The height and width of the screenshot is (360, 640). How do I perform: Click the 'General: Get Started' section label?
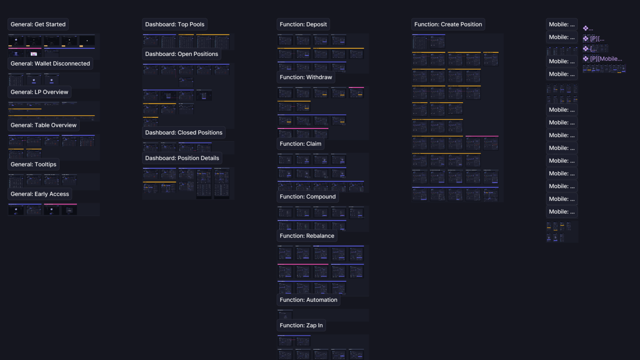pos(38,24)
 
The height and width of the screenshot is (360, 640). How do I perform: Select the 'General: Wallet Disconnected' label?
pos(50,63)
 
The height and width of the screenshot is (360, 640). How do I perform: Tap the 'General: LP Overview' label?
pos(39,92)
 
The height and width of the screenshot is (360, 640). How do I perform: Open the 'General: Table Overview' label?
pos(43,125)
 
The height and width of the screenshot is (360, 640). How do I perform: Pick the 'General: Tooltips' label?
pos(33,164)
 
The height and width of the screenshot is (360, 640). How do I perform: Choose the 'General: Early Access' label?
pos(40,194)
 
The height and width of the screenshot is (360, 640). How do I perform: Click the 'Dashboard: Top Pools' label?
pos(175,24)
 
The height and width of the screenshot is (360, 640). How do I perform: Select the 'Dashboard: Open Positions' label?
pos(181,54)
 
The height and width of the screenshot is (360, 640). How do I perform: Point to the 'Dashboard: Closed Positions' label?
pos(184,133)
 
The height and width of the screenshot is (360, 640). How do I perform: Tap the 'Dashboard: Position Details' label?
pos(182,158)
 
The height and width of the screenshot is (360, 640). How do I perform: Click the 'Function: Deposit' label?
pos(303,24)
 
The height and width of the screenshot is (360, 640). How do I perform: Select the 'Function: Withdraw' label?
pos(306,77)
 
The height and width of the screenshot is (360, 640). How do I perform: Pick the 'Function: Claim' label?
pos(300,144)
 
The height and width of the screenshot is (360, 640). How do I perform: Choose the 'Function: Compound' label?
pos(307,197)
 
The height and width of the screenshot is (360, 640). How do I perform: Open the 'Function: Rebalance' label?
pos(307,236)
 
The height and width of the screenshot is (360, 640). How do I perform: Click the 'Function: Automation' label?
pos(308,300)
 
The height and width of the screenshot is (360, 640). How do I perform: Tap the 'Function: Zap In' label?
pos(301,325)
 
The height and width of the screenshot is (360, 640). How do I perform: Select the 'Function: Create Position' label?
pos(448,24)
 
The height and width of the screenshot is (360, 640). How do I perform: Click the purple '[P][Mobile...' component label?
pos(605,59)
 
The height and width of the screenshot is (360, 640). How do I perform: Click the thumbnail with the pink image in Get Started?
pos(34,54)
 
